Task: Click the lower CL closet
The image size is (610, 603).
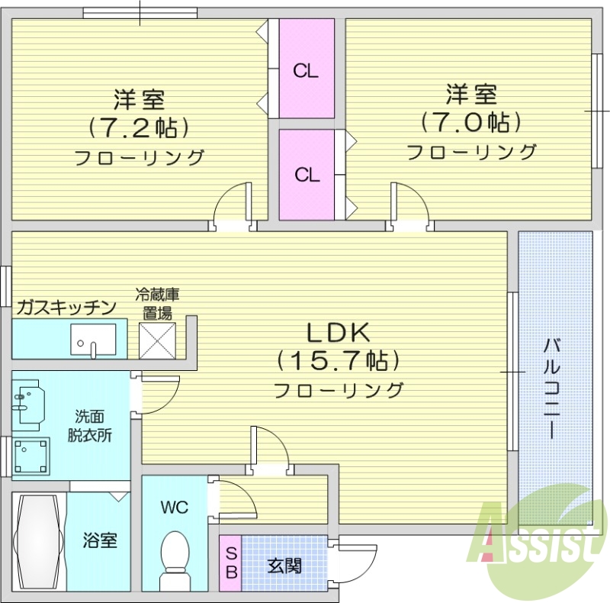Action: pos(307,174)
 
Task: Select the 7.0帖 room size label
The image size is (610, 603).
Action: pos(471,121)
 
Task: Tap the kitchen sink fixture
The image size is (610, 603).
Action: pos(94,339)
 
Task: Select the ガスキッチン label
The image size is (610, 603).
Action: pos(67,308)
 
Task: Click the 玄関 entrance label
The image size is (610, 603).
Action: pos(284,566)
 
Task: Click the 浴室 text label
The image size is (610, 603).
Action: pos(100,540)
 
